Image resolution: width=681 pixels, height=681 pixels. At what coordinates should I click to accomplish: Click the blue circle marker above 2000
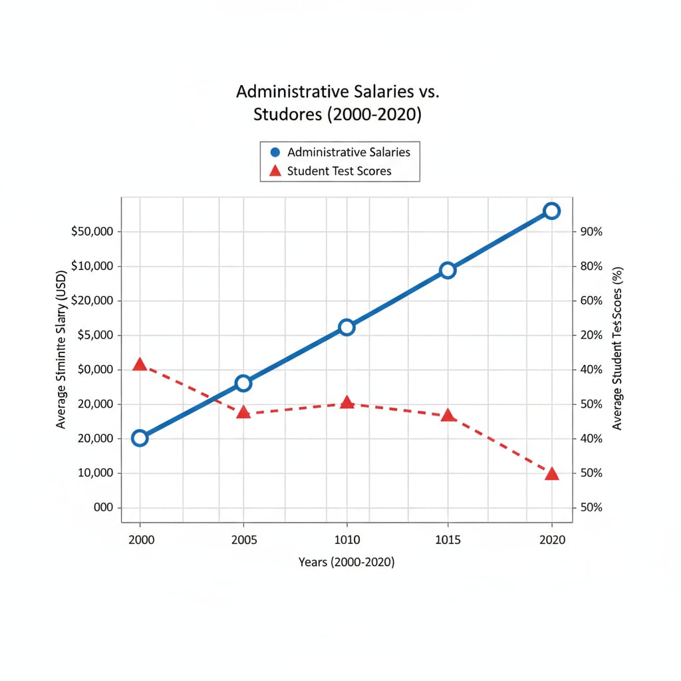tap(140, 438)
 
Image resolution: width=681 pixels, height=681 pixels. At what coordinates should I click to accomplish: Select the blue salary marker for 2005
tap(243, 383)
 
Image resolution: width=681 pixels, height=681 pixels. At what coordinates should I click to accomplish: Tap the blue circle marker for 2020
tap(551, 211)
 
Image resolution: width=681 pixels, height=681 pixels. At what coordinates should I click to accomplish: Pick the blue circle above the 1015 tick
tap(448, 270)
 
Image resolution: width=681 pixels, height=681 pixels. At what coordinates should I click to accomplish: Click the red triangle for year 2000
tap(140, 364)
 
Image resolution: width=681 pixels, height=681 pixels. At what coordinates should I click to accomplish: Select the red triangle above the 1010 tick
tap(346, 402)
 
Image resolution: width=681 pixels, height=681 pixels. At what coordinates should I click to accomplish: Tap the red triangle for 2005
tap(243, 412)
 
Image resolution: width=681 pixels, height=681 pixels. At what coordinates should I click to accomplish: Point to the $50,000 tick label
tap(92, 232)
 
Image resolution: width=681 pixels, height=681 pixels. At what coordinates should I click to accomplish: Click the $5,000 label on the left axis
tap(96, 335)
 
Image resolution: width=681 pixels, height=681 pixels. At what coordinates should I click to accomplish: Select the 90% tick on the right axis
tap(591, 232)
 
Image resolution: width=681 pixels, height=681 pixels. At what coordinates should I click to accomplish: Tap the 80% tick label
tap(591, 266)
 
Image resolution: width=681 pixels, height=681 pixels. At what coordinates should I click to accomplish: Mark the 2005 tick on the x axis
tap(243, 540)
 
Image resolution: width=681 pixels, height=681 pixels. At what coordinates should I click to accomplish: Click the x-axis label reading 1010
tap(346, 540)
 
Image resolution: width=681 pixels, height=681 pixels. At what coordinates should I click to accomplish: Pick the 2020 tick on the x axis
tap(551, 540)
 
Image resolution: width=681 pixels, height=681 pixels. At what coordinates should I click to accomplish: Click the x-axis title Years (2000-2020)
tap(346, 563)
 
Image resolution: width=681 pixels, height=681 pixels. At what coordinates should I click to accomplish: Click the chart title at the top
tap(338, 102)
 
